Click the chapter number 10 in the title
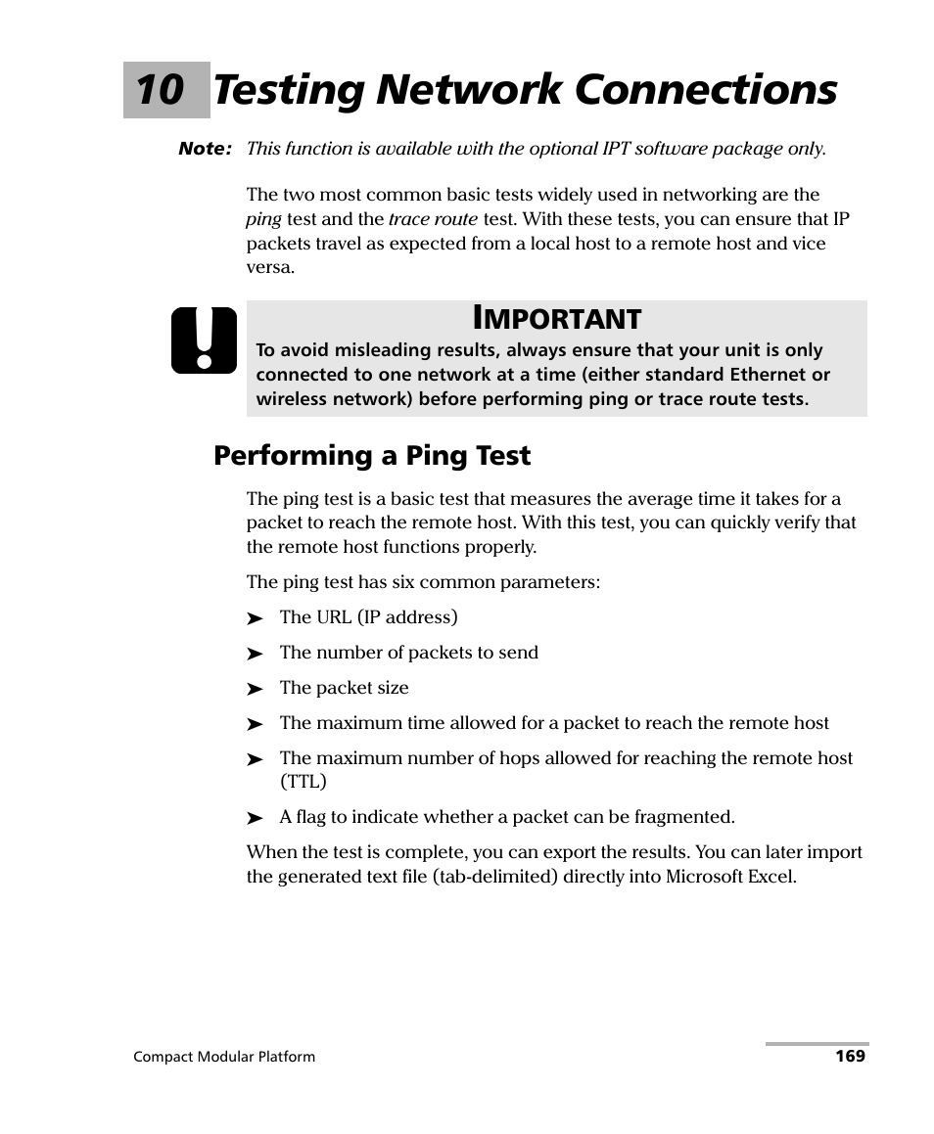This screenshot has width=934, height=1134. [160, 90]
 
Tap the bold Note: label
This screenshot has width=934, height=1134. [205, 149]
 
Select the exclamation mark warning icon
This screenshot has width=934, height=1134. [204, 340]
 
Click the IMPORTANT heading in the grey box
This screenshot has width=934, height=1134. [556, 318]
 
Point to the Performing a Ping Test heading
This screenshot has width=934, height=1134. [372, 455]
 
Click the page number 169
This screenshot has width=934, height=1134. [850, 1057]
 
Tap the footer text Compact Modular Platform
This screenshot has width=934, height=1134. [224, 1057]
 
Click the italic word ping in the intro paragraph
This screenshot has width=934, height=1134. [263, 219]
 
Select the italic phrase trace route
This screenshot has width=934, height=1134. [433, 219]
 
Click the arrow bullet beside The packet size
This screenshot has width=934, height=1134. [256, 689]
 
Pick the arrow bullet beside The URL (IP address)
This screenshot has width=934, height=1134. [256, 618]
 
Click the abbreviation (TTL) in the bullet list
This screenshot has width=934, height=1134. [304, 782]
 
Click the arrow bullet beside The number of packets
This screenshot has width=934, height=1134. [256, 654]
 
